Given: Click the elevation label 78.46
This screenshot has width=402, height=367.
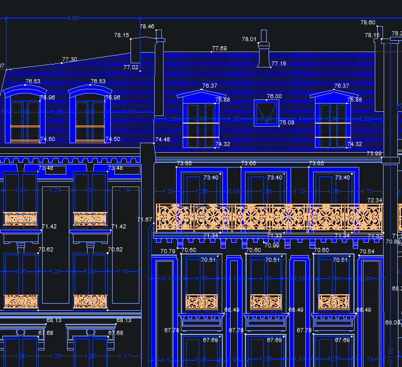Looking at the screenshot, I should [x=147, y=27].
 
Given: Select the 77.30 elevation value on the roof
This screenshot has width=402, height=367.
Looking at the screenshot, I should [x=69, y=60].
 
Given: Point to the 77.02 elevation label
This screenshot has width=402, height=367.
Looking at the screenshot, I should [x=130, y=67].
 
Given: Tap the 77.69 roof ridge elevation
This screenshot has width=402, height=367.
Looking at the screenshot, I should [x=219, y=49].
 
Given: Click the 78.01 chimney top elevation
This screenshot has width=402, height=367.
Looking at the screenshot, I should [x=249, y=40].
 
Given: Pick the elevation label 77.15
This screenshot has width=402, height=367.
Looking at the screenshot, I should [x=279, y=63].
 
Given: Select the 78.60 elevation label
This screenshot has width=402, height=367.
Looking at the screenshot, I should [x=368, y=22].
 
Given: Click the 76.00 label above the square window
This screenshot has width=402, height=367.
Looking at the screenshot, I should [x=274, y=96].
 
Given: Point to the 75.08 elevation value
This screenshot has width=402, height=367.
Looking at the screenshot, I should [x=287, y=123].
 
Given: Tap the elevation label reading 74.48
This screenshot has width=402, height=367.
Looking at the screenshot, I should [x=162, y=140].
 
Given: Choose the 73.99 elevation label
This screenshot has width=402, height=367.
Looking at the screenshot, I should [x=374, y=154].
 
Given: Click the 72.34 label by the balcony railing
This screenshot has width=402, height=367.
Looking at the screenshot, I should [x=375, y=201].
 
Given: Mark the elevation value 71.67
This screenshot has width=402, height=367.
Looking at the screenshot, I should [x=145, y=220].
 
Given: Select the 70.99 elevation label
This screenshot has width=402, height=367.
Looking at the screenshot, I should [x=272, y=246].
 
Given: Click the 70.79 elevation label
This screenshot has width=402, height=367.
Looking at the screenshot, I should [x=168, y=252].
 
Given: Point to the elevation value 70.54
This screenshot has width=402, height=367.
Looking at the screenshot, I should [x=367, y=252].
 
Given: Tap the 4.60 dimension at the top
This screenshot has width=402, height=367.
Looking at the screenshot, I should [x=74, y=18].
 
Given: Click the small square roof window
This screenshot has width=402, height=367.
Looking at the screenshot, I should [x=266, y=112].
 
